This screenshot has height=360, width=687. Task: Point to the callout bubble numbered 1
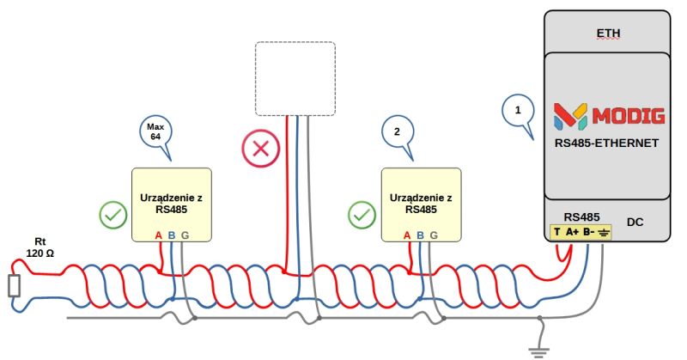click(x=517, y=112)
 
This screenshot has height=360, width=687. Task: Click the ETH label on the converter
click(x=608, y=34)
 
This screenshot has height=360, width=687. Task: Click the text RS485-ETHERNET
click(x=607, y=143)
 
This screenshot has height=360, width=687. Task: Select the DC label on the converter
click(x=635, y=223)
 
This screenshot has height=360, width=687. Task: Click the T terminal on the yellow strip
click(x=557, y=232)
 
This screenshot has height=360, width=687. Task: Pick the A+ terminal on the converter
click(x=572, y=232)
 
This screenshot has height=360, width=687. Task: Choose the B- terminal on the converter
click(x=589, y=232)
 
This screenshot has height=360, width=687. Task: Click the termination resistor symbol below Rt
click(x=14, y=286)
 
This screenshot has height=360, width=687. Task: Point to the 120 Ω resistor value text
click(x=40, y=253)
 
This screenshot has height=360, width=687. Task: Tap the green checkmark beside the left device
click(x=112, y=215)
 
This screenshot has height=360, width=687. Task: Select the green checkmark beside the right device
click(x=362, y=215)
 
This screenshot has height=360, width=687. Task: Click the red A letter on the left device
click(x=159, y=235)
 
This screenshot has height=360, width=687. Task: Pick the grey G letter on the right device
click(x=434, y=235)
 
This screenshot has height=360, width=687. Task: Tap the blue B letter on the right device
click(x=421, y=235)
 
